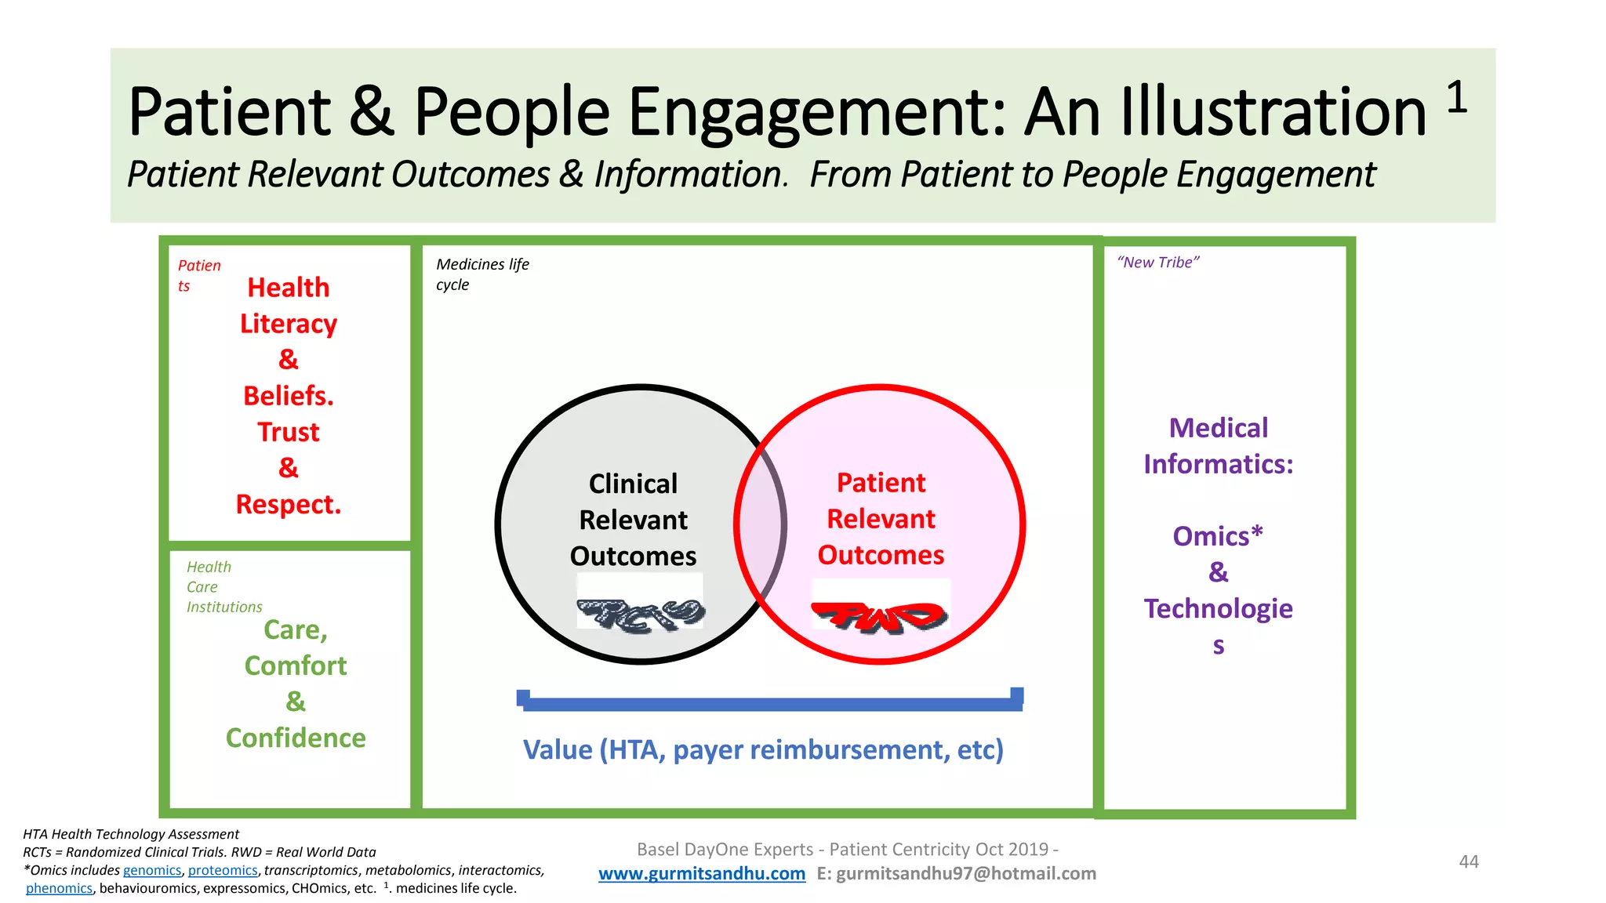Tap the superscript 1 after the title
(1456, 98)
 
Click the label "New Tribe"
(1157, 263)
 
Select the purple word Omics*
(1217, 536)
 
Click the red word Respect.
(289, 504)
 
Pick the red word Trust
(289, 432)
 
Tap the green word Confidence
(296, 738)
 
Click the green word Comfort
(296, 665)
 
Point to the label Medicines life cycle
(481, 274)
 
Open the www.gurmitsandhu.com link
(701, 873)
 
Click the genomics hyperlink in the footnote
(152, 870)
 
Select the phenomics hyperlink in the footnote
(59, 888)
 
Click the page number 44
(1468, 861)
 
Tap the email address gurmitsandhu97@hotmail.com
(966, 873)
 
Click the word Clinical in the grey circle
(633, 484)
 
